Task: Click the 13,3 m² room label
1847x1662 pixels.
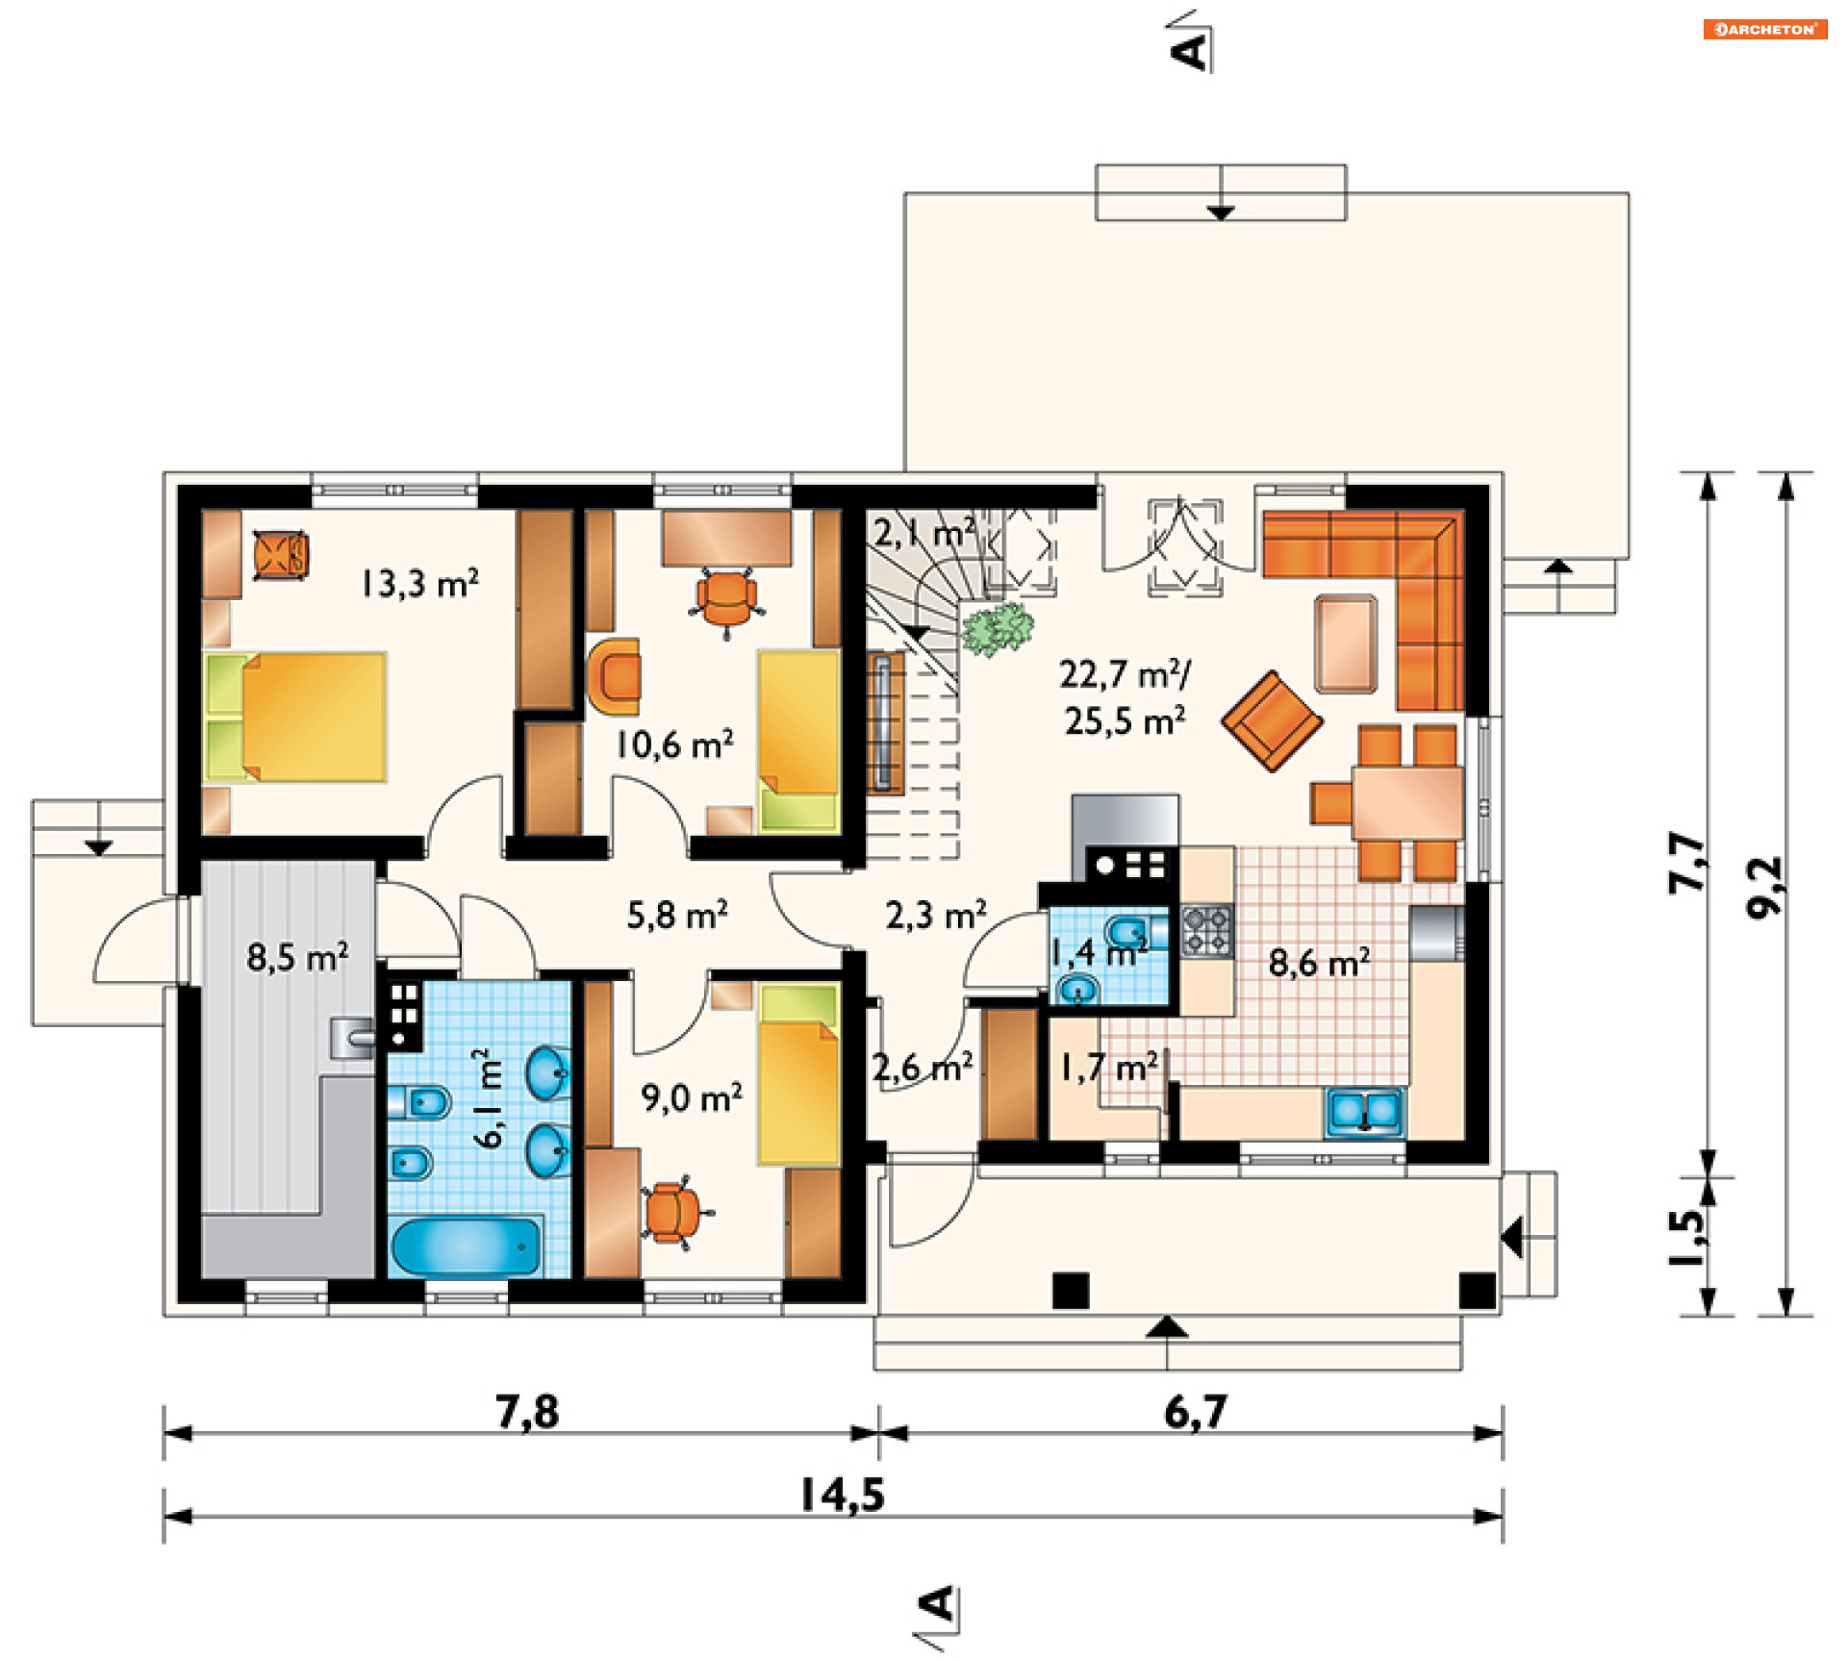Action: pos(419,583)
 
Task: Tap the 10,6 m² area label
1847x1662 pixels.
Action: pos(674,743)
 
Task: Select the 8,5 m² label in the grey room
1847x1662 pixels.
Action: pos(297,957)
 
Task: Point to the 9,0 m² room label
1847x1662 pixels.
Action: pos(692,1097)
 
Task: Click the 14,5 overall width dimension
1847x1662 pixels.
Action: pos(842,1495)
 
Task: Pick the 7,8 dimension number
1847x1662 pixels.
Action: pos(527,1412)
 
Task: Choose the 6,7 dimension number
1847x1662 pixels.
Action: pos(1196,1412)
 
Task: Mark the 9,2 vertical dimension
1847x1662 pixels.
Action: pos(1765,887)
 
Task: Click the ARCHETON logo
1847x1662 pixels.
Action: pos(1765,29)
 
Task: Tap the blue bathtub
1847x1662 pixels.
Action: pos(467,1246)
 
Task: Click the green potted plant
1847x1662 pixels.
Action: pos(998,629)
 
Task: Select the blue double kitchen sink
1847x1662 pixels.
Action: pos(1364,1112)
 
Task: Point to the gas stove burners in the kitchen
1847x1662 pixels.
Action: pos(1206,930)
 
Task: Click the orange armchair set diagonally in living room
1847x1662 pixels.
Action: pos(1272,720)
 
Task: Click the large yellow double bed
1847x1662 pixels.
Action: pos(296,718)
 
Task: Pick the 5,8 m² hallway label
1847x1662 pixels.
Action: pos(677,915)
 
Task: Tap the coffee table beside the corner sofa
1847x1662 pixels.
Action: pos(1346,643)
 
